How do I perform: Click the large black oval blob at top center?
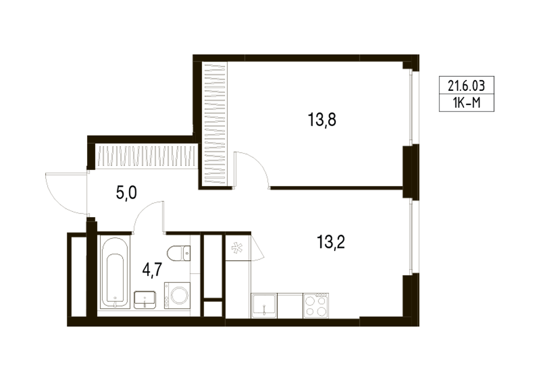321,121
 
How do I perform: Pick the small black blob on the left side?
124,195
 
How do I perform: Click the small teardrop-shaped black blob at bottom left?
152,267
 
